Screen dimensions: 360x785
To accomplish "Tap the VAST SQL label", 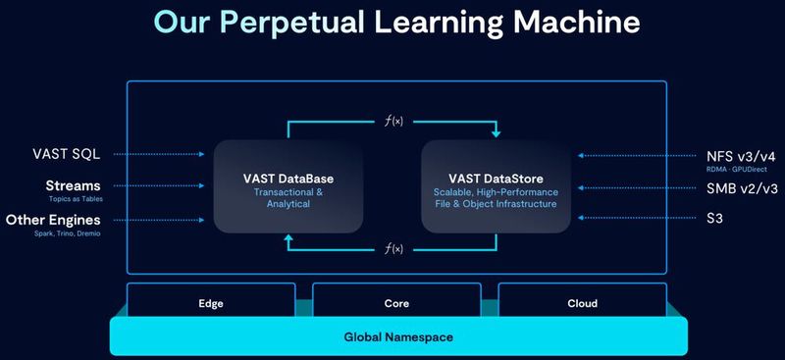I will pos(65,154).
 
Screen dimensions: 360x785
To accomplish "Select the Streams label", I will pos(73,184).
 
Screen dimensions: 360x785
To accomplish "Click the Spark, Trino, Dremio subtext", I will pos(68,234).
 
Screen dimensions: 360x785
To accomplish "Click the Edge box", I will pos(212,303).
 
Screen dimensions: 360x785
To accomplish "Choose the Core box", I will pos(397,303).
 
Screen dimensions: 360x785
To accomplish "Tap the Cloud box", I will pos(583,303).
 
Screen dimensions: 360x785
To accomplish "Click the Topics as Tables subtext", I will pos(77,198).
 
